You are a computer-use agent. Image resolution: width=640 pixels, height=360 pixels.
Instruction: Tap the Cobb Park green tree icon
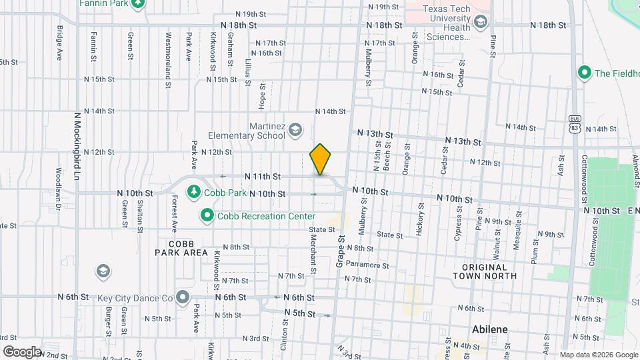pyautogui.click(x=194, y=192)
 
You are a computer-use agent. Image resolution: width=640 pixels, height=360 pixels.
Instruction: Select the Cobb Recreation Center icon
pyautogui.click(x=207, y=216)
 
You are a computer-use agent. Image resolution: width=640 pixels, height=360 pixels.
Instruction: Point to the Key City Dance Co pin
pyautogui.click(x=183, y=298)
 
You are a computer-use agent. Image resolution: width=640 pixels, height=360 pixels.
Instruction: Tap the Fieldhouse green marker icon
pyautogui.click(x=585, y=73)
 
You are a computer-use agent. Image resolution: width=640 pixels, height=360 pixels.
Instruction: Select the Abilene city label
pyautogui.click(x=490, y=329)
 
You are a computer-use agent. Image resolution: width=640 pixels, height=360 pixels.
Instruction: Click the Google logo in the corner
pyautogui.click(x=21, y=351)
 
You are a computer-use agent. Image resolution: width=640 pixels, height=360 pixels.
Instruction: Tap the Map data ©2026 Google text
pyautogui.click(x=598, y=355)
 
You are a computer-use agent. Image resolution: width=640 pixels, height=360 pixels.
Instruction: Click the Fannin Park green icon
pyautogui.click(x=138, y=3)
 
